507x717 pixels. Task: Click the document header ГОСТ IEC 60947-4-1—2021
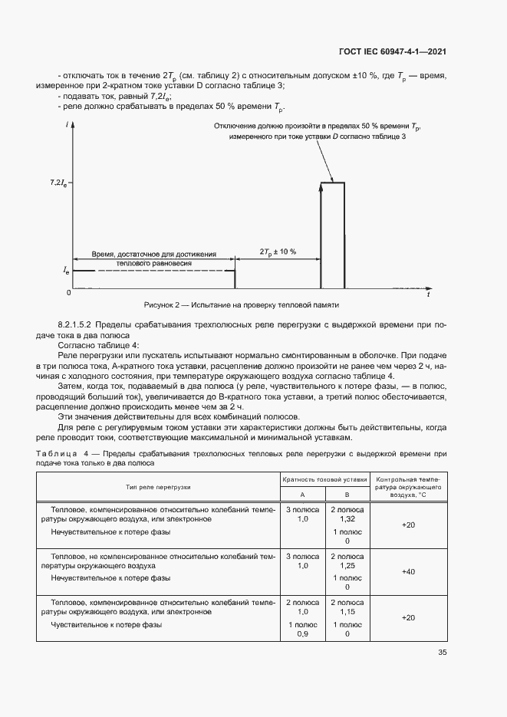coord(393,52)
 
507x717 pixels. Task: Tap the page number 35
coord(443,653)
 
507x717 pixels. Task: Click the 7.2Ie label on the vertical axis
coord(58,183)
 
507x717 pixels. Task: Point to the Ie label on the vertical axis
coord(66,271)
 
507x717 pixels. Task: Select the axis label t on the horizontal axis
coord(428,294)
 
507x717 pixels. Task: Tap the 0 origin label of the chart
coord(68,293)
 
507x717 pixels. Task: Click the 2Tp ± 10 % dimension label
coord(278,252)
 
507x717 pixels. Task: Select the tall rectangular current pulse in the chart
coord(332,234)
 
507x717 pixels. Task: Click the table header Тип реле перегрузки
coord(158,487)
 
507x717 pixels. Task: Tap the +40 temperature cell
coord(408,571)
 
